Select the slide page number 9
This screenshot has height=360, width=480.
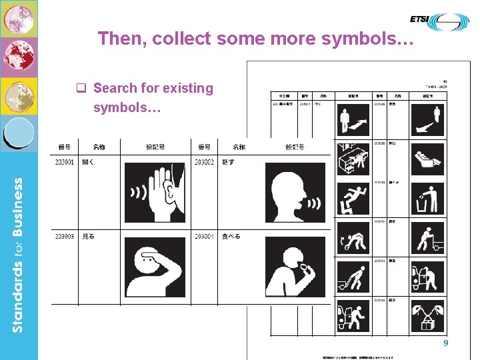point(446,343)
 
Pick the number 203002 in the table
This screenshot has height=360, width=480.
point(205,162)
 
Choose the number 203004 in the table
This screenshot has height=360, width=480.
point(205,236)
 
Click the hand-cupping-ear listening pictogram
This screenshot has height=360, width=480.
point(155,192)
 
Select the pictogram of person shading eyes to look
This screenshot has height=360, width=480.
point(155,267)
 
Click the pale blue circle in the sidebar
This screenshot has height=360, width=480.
point(19,133)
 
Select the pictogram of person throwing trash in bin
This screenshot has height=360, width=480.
point(427,199)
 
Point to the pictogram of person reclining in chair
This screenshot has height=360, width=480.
point(427,160)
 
